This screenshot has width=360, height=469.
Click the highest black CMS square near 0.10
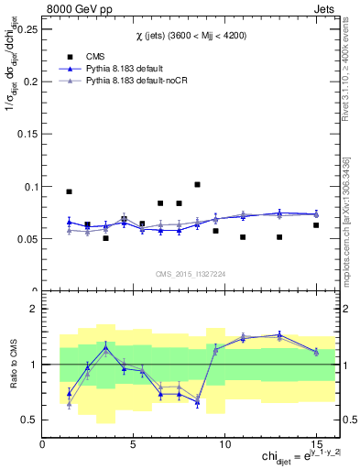click(x=197, y=184)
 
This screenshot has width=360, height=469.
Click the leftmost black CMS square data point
click(x=70, y=191)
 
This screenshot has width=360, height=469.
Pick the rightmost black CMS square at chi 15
click(x=316, y=225)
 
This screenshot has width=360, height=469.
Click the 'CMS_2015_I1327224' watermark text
click(x=190, y=274)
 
